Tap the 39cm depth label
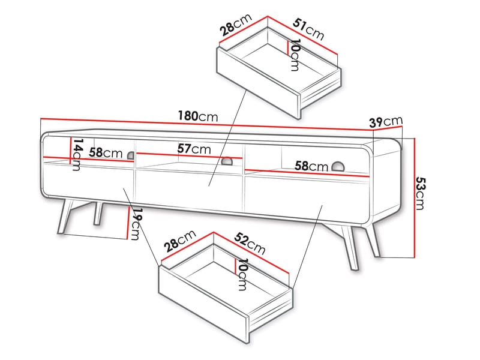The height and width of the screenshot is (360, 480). pos(385,122)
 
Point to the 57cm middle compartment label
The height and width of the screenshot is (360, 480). pos(194,148)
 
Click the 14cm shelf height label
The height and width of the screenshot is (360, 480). pos(76,154)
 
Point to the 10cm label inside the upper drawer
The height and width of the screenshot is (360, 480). pos(295,55)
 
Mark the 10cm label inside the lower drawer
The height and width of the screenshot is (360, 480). pos(242,274)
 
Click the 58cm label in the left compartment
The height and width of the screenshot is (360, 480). pos(106,153)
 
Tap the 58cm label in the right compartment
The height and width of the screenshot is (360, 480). pos(311,166)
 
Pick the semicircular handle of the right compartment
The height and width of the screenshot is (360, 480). pos(338,167)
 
